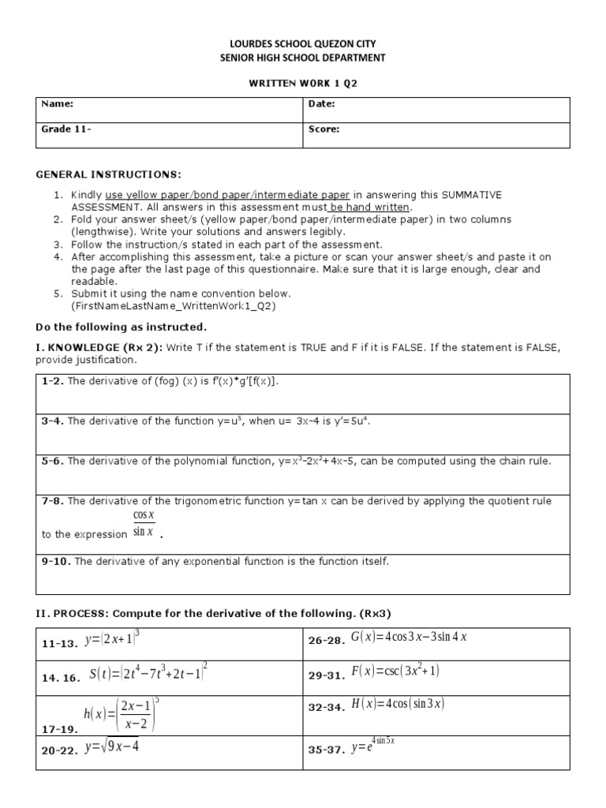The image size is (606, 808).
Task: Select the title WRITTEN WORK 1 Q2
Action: [x=303, y=82]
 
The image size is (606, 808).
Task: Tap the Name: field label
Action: [x=58, y=104]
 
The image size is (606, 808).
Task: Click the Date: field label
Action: [x=321, y=104]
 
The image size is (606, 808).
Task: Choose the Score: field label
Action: [x=324, y=129]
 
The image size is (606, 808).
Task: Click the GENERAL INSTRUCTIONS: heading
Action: [x=109, y=174]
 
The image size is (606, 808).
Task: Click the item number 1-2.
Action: [x=53, y=381]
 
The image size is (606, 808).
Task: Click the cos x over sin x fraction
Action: [x=144, y=524]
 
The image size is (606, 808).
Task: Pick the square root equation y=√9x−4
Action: [x=111, y=746]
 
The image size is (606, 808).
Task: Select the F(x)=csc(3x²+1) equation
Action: [x=395, y=671]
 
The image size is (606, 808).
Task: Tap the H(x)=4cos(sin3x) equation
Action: [x=398, y=705]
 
